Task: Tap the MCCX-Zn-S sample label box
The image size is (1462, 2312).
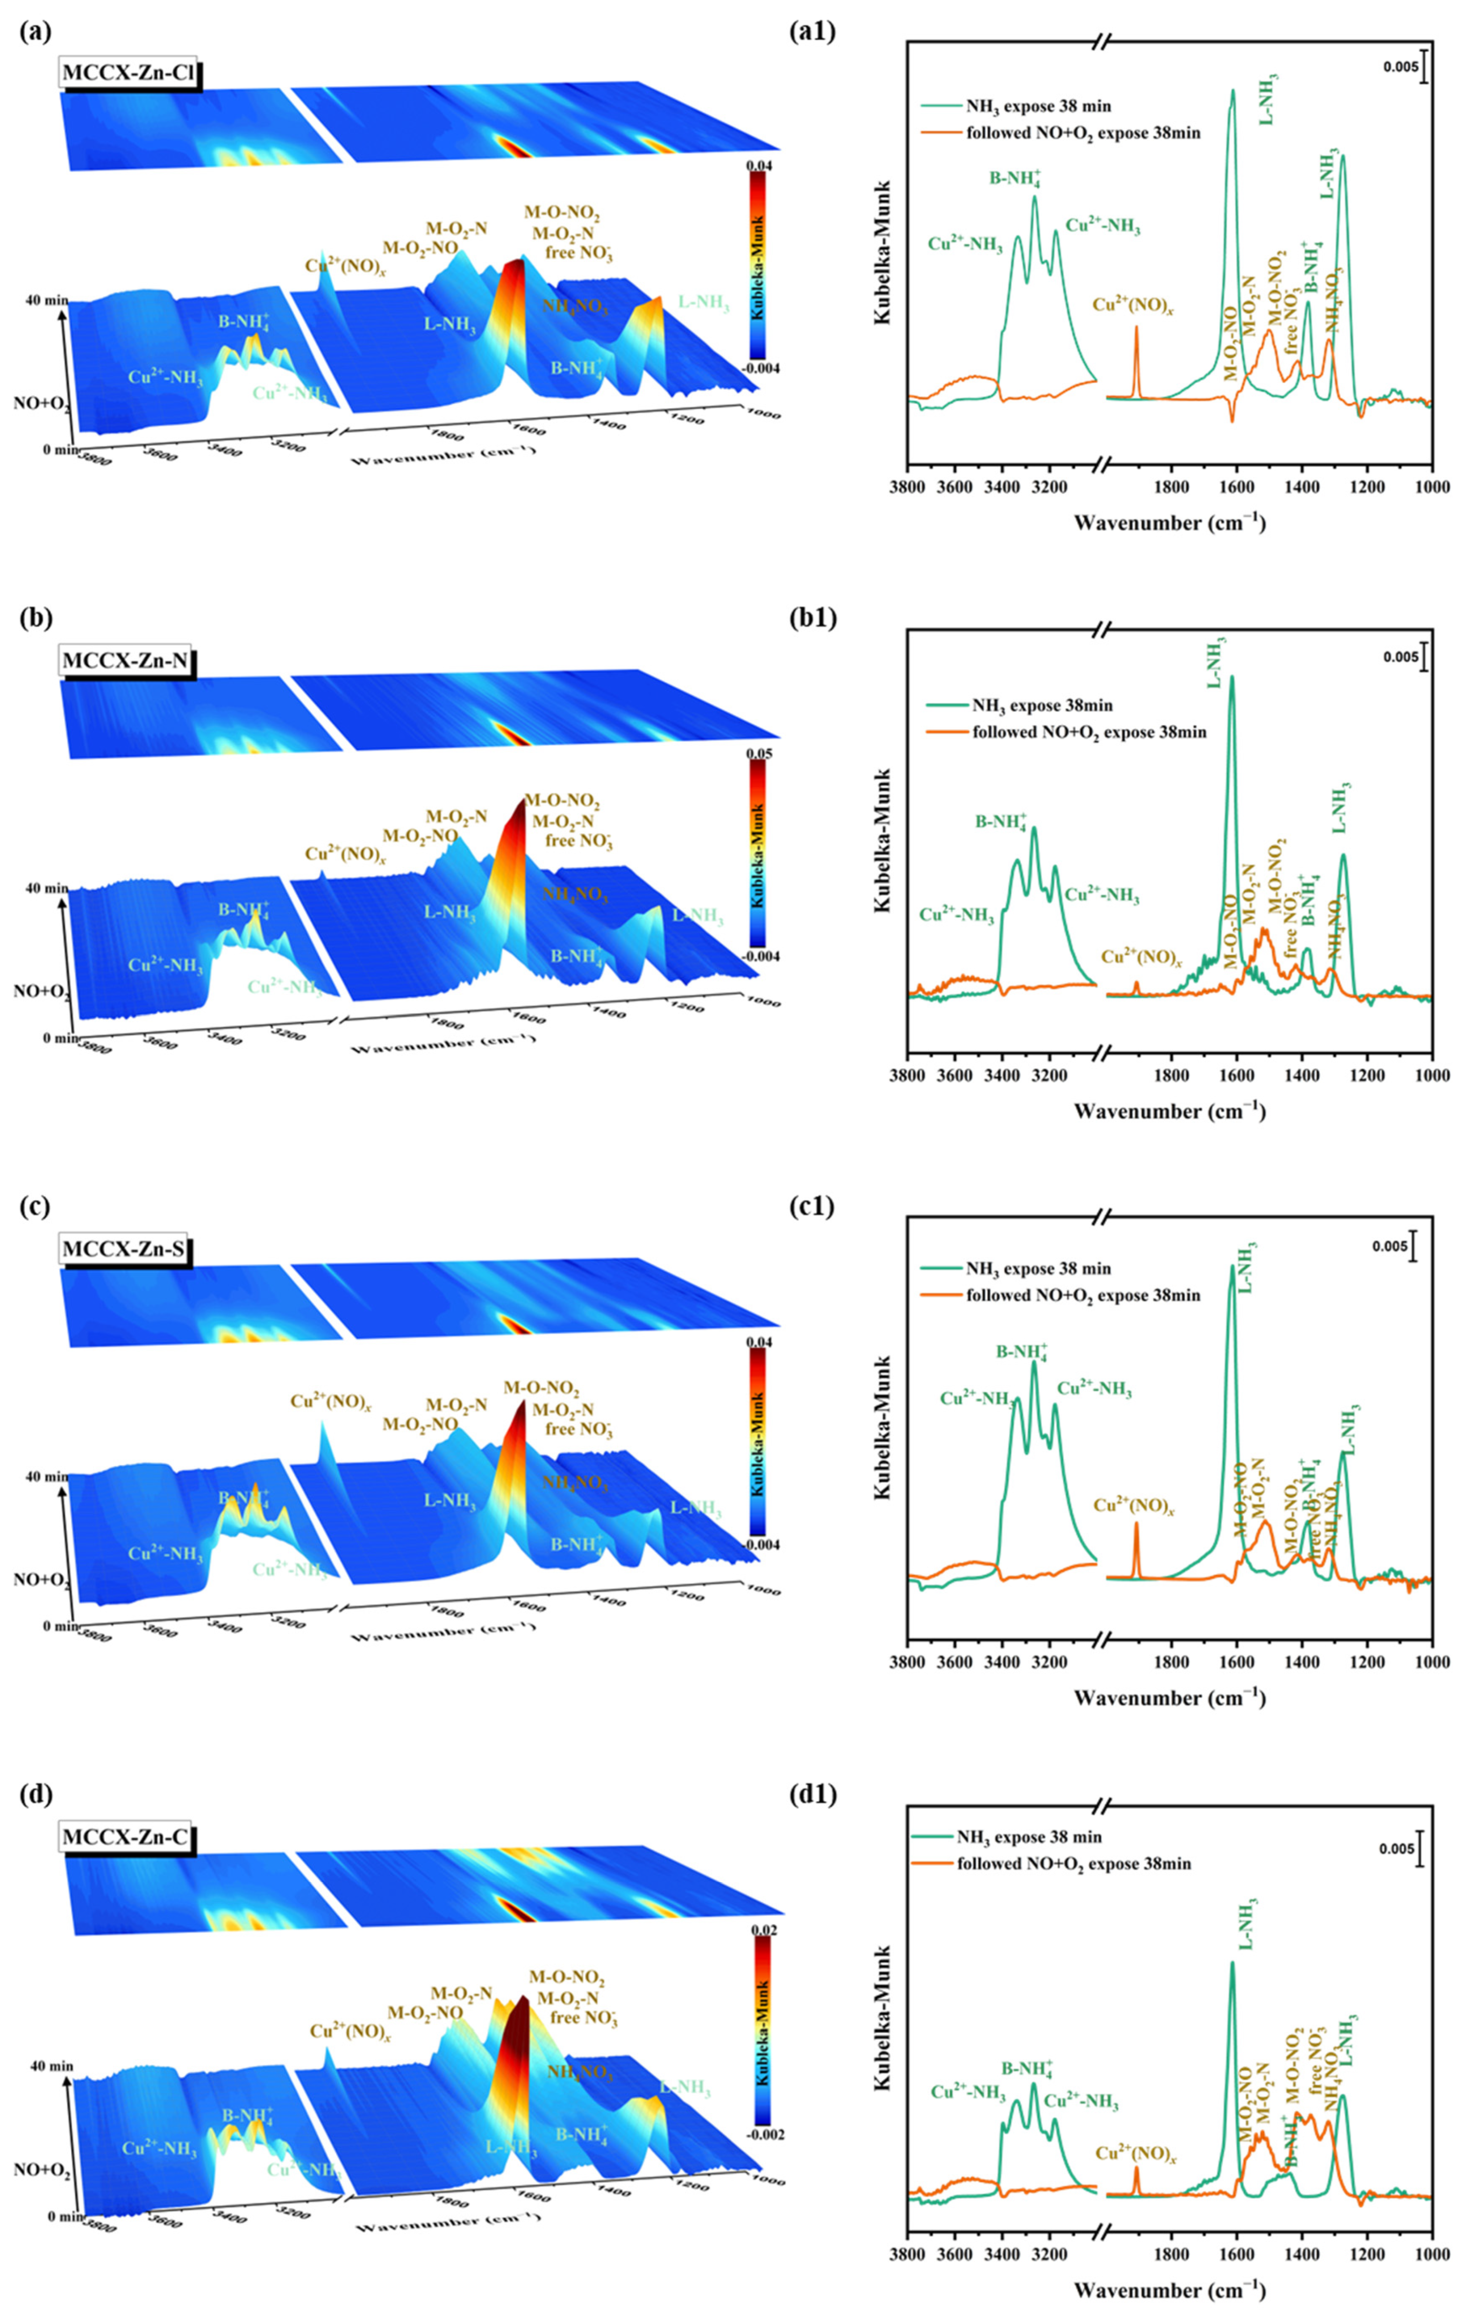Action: click(x=126, y=1249)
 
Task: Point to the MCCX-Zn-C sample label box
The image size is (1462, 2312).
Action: click(x=126, y=1838)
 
